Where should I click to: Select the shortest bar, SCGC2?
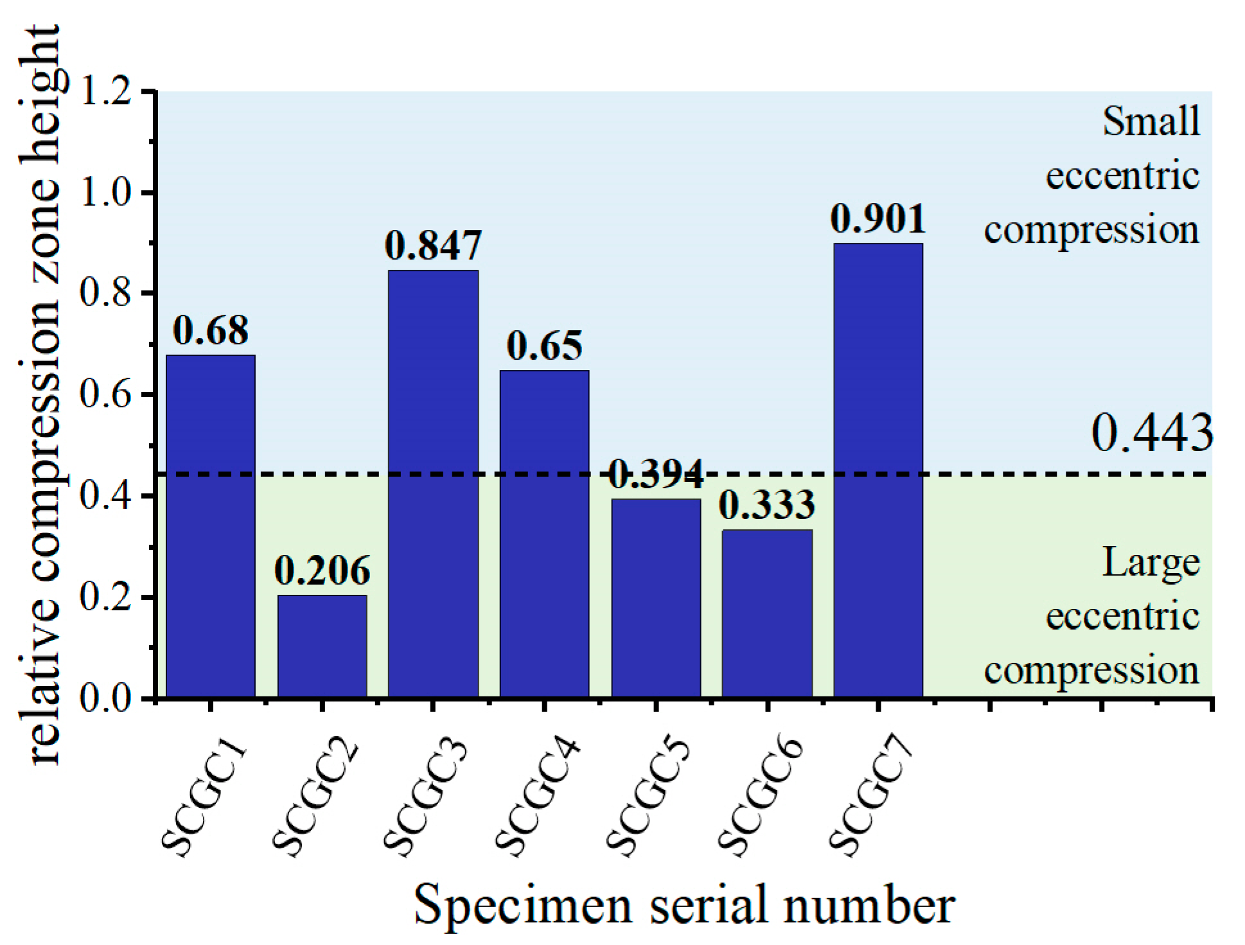pos(322,646)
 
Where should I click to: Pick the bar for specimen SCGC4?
pos(544,533)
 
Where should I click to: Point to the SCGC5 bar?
pos(656,597)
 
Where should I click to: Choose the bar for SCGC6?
pos(767,613)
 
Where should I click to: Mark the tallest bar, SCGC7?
pos(878,470)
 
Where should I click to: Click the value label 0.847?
pos(434,246)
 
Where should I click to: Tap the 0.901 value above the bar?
pos(878,219)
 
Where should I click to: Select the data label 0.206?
pos(322,570)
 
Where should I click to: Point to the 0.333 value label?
pos(767,505)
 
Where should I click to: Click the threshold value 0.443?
pos(1152,433)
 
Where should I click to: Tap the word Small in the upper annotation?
pos(1151,120)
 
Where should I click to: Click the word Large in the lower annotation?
pos(1151,563)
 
